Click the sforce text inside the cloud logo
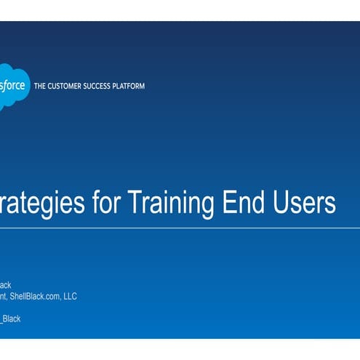[x=13, y=86]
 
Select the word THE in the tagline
[x=41, y=87]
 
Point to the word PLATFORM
[x=129, y=87]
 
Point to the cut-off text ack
[x=6, y=285]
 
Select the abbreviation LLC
[x=69, y=296]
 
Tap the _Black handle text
[x=11, y=319]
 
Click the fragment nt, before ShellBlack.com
[x=4, y=297]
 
